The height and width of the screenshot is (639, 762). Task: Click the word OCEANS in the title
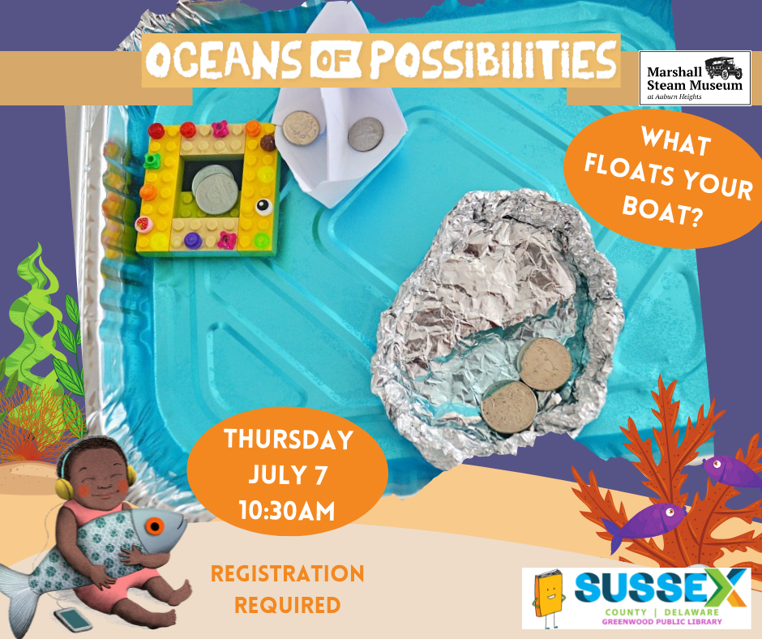(x=224, y=60)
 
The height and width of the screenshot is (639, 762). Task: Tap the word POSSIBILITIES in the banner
(x=493, y=60)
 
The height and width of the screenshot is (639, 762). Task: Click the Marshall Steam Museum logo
(x=695, y=78)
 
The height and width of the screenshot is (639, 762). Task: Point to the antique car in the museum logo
(x=724, y=67)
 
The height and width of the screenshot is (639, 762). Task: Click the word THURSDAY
(x=288, y=440)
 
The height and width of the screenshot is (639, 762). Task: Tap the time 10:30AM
(x=287, y=511)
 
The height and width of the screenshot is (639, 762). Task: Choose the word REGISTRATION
(x=287, y=573)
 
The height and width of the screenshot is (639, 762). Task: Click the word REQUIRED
(x=287, y=606)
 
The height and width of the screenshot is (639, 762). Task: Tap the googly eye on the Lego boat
(x=264, y=207)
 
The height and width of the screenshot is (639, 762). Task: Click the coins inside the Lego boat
(x=216, y=189)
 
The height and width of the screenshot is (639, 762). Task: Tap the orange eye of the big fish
(x=155, y=525)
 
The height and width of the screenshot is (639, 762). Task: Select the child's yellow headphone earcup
(x=64, y=488)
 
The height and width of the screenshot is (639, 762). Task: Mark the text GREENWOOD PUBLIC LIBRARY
(x=662, y=621)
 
